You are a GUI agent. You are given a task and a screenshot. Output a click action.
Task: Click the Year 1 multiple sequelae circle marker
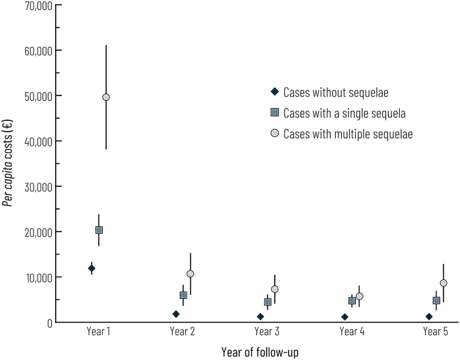click(x=106, y=97)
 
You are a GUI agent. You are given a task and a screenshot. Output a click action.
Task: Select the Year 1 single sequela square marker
click(x=99, y=230)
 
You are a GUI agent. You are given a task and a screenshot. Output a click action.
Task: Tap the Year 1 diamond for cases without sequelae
click(x=91, y=269)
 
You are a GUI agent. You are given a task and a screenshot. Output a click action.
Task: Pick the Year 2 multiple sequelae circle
click(x=190, y=274)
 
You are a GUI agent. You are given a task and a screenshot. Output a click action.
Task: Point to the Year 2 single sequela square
click(x=183, y=295)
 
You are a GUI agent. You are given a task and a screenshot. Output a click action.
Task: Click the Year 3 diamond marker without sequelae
click(x=261, y=316)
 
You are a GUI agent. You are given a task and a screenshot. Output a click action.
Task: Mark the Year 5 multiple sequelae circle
click(x=443, y=283)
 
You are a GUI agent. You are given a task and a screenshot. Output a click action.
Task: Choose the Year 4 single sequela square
click(x=352, y=300)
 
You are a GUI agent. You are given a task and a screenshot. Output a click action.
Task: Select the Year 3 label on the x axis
click(x=267, y=331)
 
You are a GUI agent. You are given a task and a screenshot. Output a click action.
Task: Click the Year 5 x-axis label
click(x=436, y=331)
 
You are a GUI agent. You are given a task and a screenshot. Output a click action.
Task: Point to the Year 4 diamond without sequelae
click(x=344, y=317)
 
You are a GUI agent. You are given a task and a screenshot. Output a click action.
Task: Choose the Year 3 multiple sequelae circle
click(x=274, y=289)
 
